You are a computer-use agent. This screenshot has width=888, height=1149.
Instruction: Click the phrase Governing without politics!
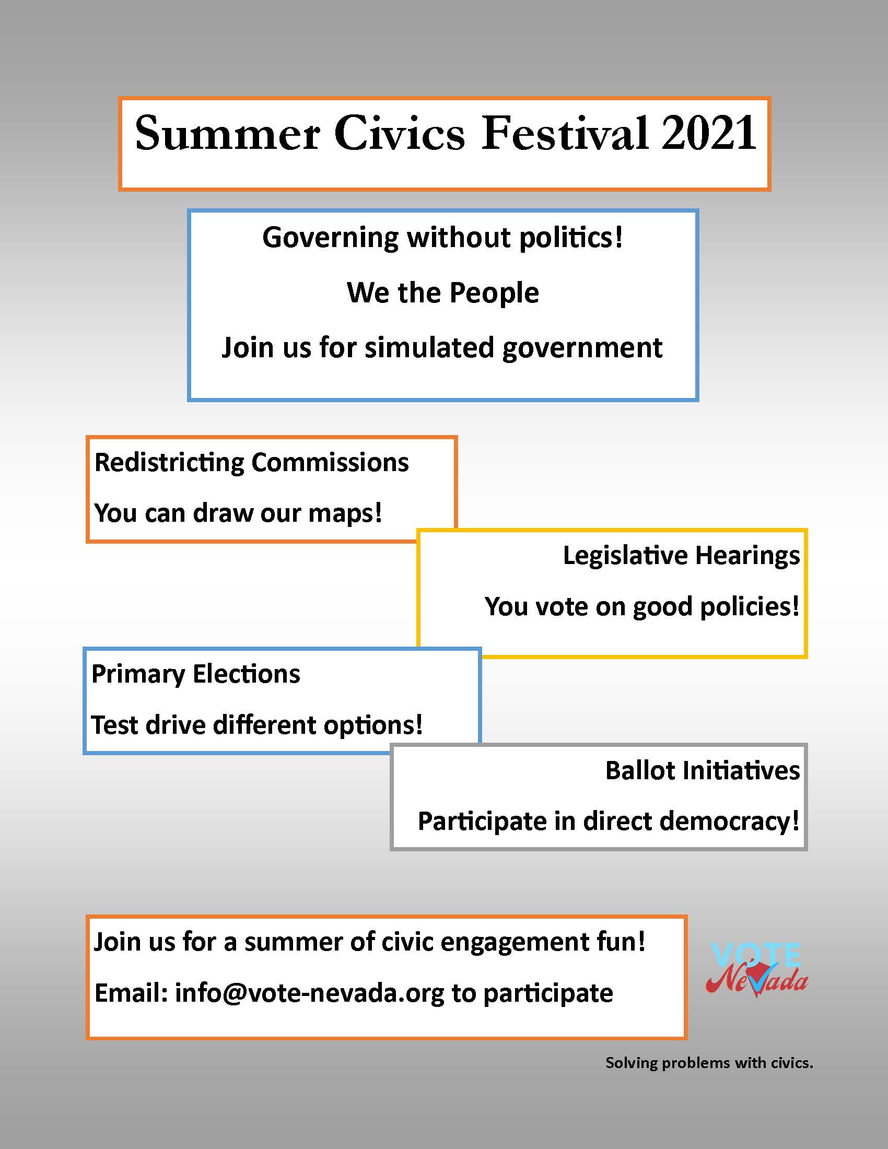coord(443,238)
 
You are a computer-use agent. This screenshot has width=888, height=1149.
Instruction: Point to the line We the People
coord(443,292)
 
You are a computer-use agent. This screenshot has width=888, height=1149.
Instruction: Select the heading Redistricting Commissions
coord(251,462)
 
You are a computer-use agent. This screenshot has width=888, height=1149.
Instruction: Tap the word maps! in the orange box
coord(345,513)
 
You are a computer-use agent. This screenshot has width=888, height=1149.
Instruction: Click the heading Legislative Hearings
coord(681,556)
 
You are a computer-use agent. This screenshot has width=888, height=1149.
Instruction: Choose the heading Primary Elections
coord(196,674)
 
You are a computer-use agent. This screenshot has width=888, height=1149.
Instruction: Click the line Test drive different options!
coord(257,725)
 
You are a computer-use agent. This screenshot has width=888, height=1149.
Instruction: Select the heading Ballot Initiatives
coord(703,771)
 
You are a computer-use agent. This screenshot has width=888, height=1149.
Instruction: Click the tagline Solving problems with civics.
coord(709,1063)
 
